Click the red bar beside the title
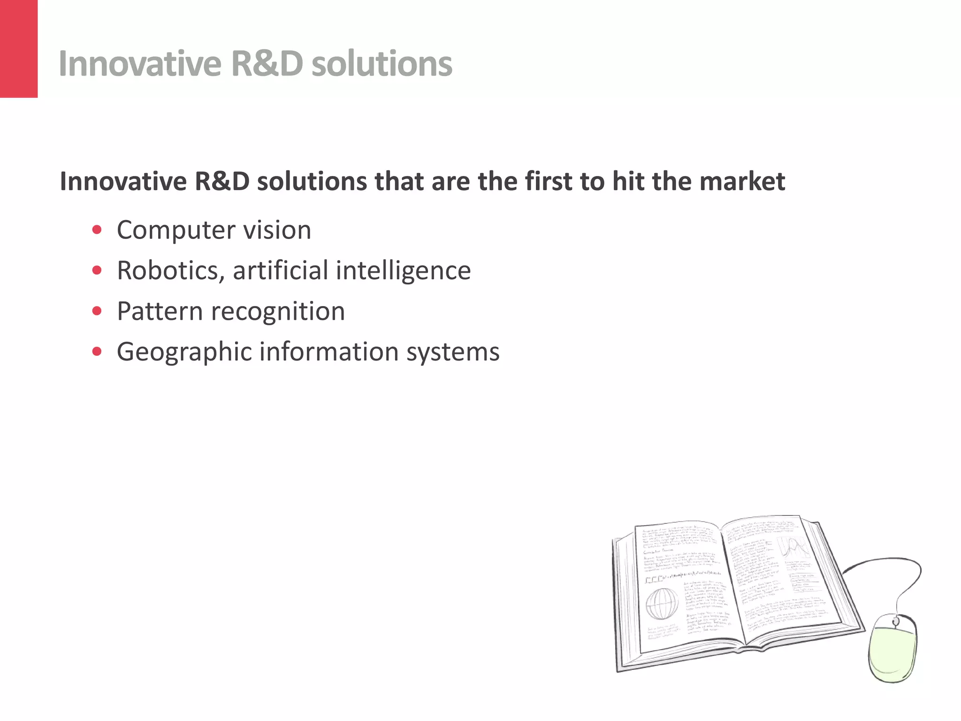point(19,49)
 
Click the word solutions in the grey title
point(381,64)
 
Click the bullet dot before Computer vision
point(97,230)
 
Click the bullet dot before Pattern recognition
point(97,311)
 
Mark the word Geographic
point(184,352)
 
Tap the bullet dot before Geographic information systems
point(97,352)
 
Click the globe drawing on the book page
point(662,604)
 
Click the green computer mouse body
point(892,652)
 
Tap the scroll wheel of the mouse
point(895,621)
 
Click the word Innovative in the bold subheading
point(123,182)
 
